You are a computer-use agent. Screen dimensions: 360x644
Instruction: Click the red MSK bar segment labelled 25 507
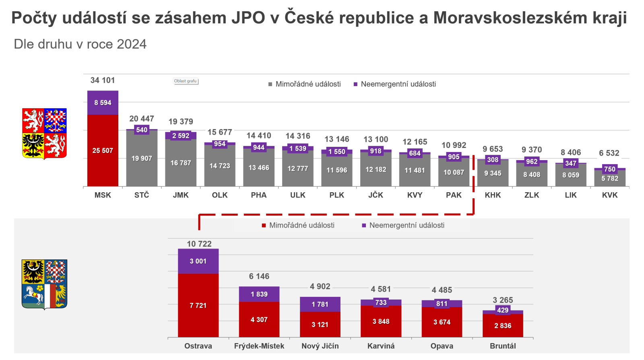pos(103,150)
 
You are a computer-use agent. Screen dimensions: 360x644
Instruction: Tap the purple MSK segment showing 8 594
pos(103,103)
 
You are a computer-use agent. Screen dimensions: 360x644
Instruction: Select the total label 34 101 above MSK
pos(103,80)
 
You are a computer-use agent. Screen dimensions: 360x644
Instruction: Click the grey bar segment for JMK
pos(181,163)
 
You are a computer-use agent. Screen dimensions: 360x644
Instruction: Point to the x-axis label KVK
pos(610,195)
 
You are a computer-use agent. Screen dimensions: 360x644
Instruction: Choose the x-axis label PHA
pos(259,195)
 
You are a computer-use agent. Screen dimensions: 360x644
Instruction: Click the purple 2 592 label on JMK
pos(181,136)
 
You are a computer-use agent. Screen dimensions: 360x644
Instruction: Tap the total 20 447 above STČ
pos(142,119)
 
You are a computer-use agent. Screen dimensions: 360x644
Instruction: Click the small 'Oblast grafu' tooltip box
pos(186,81)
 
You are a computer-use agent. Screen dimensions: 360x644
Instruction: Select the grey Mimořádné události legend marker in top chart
pos(270,84)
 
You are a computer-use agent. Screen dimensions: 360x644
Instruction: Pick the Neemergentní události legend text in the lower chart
pos(407,225)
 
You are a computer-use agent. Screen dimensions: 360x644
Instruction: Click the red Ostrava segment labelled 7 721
pos(198,305)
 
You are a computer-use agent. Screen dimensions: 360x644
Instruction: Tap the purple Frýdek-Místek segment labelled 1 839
pos(259,294)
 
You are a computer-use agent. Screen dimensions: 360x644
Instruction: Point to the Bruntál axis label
pos(503,346)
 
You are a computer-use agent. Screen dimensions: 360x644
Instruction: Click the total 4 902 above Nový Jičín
pos(320,286)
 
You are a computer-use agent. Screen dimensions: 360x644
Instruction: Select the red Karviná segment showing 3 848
pos(381,321)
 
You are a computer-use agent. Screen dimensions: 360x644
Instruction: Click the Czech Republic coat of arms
pos(44,134)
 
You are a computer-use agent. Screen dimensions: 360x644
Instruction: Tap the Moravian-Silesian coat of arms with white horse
pos(44,284)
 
